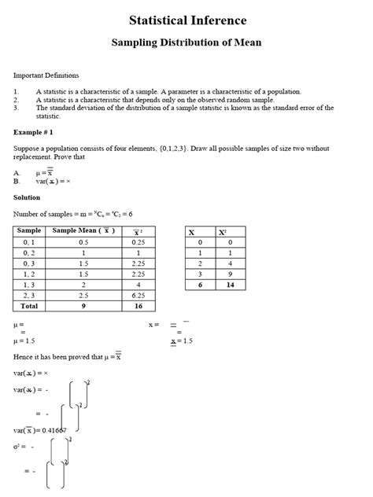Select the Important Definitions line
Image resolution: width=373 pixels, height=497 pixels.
point(46,75)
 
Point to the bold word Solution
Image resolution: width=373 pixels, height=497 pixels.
point(28,197)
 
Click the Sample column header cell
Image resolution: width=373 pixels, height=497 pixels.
point(31,230)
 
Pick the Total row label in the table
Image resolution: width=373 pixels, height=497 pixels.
point(29,306)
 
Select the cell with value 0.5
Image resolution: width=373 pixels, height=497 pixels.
point(83,242)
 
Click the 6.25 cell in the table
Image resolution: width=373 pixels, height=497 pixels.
point(137,294)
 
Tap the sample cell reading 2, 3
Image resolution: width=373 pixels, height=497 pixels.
point(30,294)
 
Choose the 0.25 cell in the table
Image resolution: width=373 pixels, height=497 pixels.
point(137,242)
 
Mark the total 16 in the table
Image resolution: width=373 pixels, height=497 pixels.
point(137,306)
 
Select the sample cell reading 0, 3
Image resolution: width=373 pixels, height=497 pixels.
point(30,263)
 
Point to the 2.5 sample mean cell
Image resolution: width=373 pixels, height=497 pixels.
point(83,294)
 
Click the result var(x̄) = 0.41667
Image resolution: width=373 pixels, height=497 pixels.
point(40,429)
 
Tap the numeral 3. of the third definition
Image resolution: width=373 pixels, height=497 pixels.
point(17,107)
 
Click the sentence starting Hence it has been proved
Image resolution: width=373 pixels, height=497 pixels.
point(67,356)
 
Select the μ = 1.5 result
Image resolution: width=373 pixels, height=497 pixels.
point(26,341)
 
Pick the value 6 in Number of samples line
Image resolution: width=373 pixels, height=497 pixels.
point(130,214)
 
